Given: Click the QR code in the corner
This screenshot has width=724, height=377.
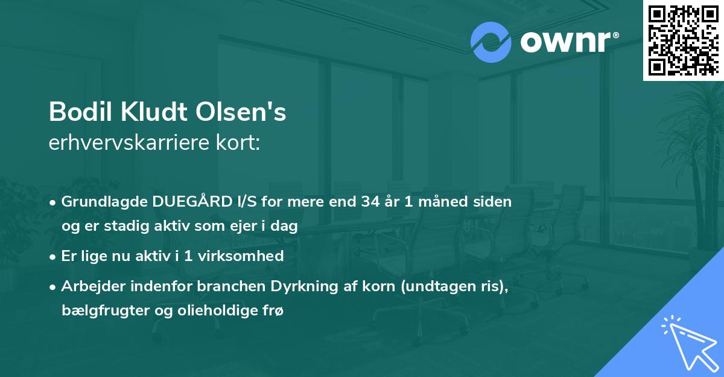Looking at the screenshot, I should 684,40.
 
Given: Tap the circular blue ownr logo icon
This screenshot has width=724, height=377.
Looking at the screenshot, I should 491,41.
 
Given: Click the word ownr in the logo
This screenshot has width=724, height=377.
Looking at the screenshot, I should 564,42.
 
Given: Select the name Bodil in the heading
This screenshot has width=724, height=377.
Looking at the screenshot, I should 75,112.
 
